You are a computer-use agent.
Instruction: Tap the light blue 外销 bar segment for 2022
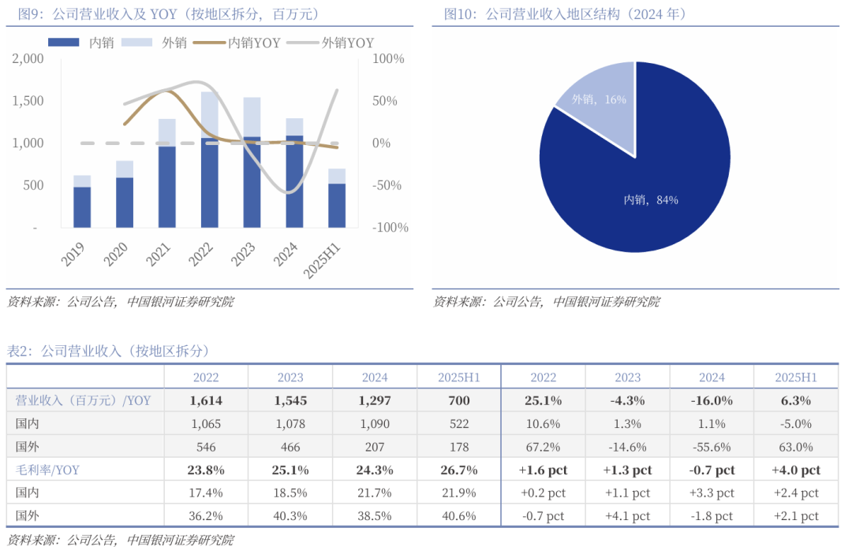(x=209, y=114)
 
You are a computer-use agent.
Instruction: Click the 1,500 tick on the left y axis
(x=29, y=101)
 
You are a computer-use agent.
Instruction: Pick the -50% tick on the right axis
(x=387, y=186)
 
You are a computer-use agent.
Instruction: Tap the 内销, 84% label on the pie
(x=651, y=200)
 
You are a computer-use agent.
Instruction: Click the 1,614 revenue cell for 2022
(x=206, y=401)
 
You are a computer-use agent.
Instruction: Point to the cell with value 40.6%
(x=459, y=516)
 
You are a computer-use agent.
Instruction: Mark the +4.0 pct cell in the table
(x=796, y=470)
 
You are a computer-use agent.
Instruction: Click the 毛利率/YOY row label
(x=47, y=470)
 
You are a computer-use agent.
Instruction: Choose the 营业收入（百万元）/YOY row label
(x=83, y=401)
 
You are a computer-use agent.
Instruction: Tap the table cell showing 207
(x=375, y=447)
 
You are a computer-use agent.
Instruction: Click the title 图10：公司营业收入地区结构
(x=565, y=14)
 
